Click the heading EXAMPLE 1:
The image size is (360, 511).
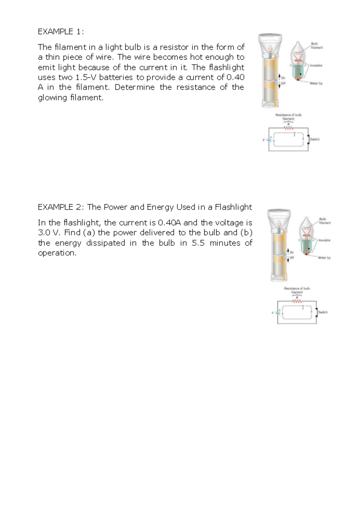60,31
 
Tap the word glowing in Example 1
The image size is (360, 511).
52,97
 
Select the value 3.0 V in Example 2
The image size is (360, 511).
48,233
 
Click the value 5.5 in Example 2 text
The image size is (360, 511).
198,243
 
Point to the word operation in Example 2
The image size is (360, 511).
57,253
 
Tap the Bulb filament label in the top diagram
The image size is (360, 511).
316,46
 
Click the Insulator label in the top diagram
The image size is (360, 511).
316,65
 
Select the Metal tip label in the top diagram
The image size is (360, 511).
316,83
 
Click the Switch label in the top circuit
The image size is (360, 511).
315,139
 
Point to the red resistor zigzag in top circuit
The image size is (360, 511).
288,128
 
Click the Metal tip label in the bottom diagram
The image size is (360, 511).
324,258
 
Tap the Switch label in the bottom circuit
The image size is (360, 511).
323,312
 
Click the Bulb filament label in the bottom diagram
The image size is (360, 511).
324,221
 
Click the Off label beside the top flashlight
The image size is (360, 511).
283,83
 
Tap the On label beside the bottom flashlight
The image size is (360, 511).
292,252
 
